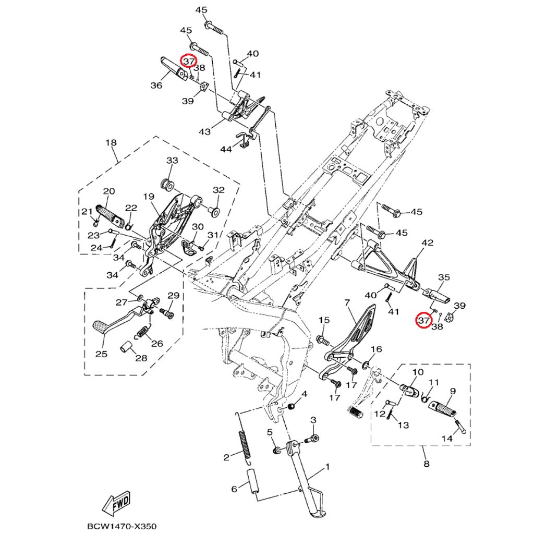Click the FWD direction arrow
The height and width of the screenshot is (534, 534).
[116, 503]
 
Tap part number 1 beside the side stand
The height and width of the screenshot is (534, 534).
[327, 467]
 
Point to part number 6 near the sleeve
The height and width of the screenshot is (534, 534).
[234, 489]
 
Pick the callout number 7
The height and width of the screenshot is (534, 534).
[346, 302]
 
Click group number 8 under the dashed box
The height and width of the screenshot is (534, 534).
[426, 464]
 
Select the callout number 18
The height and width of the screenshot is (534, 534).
[111, 142]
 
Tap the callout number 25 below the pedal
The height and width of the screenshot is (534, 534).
[101, 354]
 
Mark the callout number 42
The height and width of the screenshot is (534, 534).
[428, 243]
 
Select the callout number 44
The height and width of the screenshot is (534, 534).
[225, 149]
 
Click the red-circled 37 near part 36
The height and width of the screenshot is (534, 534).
[188, 61]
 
